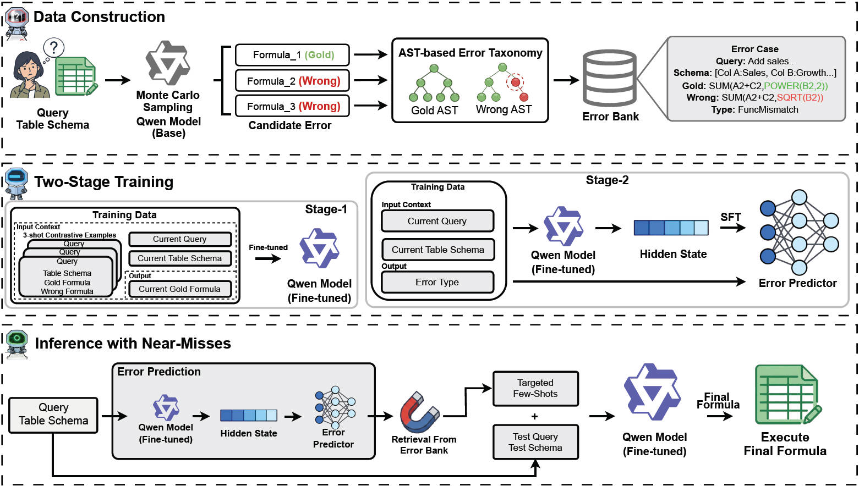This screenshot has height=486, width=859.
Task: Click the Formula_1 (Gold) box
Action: click(292, 55)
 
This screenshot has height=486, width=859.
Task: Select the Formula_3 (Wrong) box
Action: click(292, 106)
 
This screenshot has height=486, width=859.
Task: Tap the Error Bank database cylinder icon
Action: click(610, 79)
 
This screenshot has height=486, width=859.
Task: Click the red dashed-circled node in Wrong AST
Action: click(516, 82)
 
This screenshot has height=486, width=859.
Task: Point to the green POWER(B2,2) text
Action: click(796, 86)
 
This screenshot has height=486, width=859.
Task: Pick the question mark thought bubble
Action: click(53, 48)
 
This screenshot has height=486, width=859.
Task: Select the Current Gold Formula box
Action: click(180, 289)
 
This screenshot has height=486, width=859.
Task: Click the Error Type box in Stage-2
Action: click(437, 282)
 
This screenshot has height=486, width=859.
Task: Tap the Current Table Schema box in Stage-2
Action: click(438, 250)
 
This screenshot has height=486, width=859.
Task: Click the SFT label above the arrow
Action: click(731, 217)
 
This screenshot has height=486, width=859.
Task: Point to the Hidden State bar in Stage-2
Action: click(671, 228)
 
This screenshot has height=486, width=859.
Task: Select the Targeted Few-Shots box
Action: click(535, 389)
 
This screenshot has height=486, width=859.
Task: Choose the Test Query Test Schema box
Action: click(535, 442)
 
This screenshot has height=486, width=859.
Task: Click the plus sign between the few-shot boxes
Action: click(535, 416)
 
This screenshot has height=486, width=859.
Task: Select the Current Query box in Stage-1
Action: click(180, 239)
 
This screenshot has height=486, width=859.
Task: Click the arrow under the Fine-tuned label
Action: click(268, 258)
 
